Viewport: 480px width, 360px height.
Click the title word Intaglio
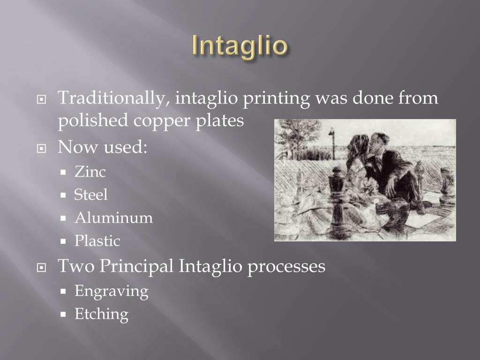pos(240,46)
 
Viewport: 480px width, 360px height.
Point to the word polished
pos(92,120)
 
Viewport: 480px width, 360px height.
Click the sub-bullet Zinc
pos(90,172)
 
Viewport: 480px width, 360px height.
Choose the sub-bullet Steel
pos(90,195)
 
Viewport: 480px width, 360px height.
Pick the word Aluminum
pos(113,218)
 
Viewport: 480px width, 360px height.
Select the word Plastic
pos(97,241)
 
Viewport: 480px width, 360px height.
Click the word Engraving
pos(111,292)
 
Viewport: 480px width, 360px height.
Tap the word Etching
pos(101,314)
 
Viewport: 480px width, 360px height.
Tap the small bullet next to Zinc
pos(64,172)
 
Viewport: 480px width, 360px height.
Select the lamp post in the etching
pos(332,143)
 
